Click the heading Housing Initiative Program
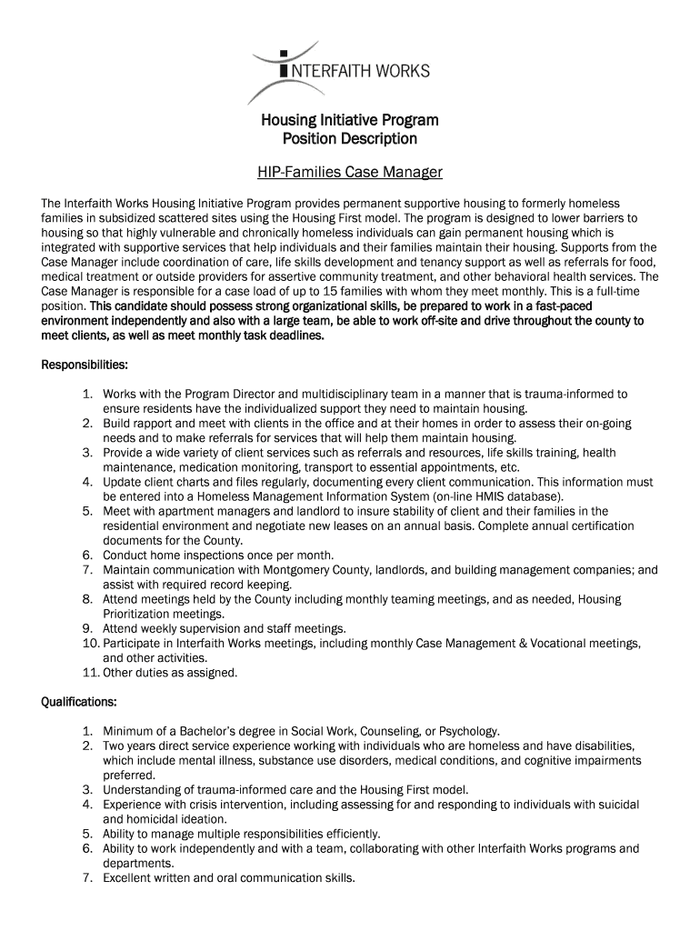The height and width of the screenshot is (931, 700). click(350, 120)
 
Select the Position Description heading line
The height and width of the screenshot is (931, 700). click(350, 139)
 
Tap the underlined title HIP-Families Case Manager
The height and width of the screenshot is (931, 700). click(350, 171)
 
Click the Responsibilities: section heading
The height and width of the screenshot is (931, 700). click(85, 365)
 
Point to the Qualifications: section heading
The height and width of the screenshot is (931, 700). click(79, 702)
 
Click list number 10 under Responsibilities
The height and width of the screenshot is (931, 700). click(90, 644)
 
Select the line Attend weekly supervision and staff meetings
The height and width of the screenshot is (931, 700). click(225, 628)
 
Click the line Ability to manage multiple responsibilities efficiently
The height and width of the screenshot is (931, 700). click(242, 834)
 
